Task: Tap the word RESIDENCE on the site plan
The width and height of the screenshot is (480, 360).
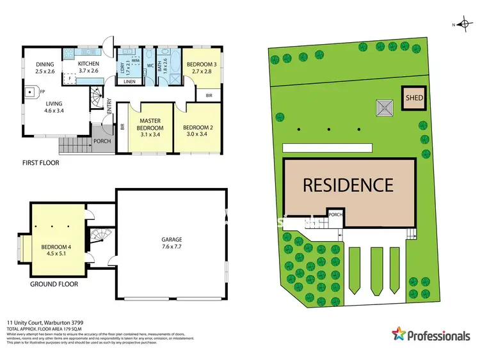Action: click(x=348, y=185)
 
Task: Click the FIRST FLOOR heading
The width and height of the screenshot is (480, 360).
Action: click(x=40, y=163)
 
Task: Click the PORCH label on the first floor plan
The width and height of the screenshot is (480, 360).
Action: click(x=102, y=141)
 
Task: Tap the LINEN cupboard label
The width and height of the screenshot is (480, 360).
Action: click(x=129, y=81)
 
